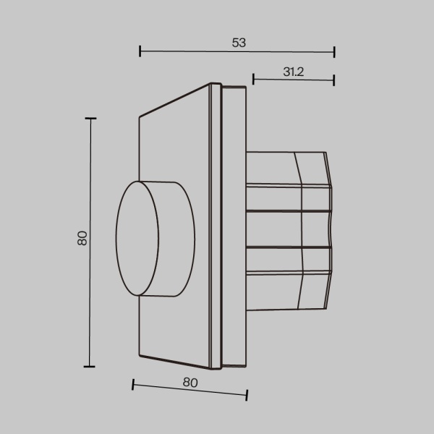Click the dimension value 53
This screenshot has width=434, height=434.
point(239,43)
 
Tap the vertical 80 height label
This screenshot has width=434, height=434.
point(82,238)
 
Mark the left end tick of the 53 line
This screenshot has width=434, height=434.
point(140,51)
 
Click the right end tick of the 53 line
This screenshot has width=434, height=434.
point(334,51)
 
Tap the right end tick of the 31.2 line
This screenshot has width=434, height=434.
point(334,79)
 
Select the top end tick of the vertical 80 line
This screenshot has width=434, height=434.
point(90,119)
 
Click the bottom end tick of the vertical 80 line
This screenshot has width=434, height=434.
point(90,367)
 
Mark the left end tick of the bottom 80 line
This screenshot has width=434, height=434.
point(133,384)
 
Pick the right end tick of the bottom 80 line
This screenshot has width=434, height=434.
point(247,395)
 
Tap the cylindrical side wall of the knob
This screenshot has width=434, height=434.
point(174,239)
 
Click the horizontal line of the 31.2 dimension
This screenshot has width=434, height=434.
point(294,79)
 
